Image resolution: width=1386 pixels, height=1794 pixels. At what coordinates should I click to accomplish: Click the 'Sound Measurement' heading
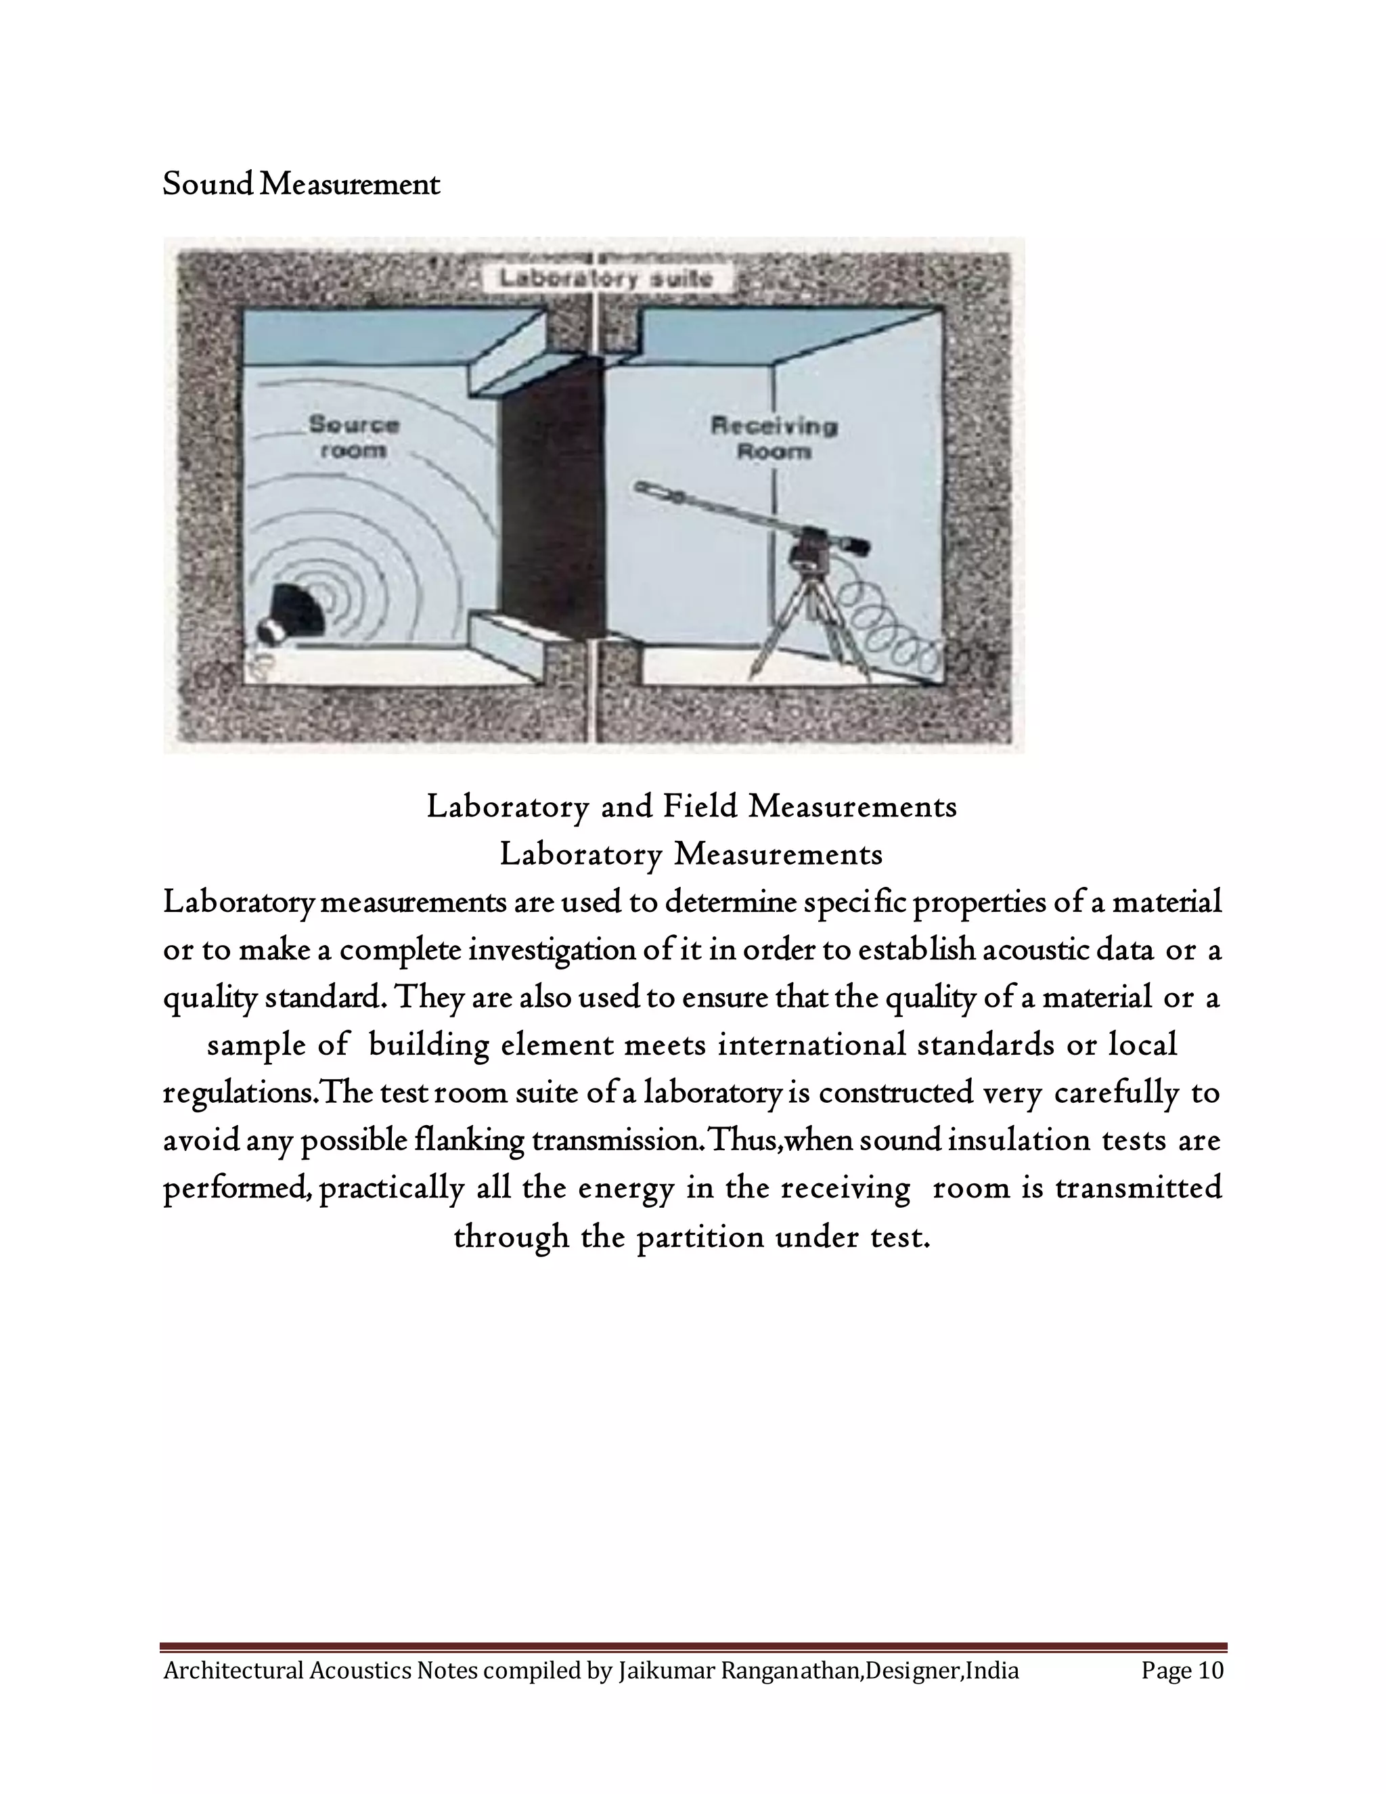tap(301, 184)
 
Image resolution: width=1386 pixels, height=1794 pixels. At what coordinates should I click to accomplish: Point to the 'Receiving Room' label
tap(774, 438)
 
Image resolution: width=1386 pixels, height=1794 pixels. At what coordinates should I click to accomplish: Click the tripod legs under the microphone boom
tap(809, 632)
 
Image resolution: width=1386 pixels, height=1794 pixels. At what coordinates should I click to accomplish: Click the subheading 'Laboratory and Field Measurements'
tap(692, 807)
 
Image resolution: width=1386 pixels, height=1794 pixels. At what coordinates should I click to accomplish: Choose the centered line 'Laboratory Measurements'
tap(692, 854)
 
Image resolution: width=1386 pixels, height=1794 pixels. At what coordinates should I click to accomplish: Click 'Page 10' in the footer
tap(1182, 1670)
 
